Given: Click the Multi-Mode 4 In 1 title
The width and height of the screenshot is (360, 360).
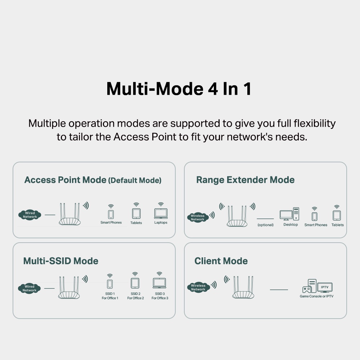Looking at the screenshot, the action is pyautogui.click(x=179, y=89).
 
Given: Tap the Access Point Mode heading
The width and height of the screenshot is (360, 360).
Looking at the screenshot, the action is pyautogui.click(x=65, y=180).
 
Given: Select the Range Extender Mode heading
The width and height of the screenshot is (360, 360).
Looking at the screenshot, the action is pyautogui.click(x=245, y=180).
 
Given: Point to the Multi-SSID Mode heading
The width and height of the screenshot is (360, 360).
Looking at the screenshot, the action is pyautogui.click(x=60, y=261).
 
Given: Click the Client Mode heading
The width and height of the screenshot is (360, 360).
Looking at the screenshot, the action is pyautogui.click(x=221, y=261).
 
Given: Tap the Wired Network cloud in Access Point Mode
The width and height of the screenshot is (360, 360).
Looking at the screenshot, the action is pyautogui.click(x=30, y=215).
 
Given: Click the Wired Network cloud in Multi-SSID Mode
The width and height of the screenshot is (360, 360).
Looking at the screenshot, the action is pyautogui.click(x=30, y=288).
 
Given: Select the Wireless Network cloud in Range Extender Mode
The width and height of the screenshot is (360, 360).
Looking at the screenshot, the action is pyautogui.click(x=198, y=217).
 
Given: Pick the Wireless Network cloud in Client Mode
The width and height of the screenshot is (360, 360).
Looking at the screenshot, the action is pyautogui.click(x=198, y=287).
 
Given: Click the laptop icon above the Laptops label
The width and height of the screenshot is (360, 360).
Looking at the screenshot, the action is pyautogui.click(x=161, y=213).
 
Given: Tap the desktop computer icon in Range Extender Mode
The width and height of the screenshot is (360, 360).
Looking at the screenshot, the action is pyautogui.click(x=289, y=214).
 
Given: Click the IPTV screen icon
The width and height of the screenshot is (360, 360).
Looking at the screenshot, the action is pyautogui.click(x=325, y=287).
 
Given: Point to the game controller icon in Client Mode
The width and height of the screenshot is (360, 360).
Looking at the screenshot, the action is pyautogui.click(x=306, y=289).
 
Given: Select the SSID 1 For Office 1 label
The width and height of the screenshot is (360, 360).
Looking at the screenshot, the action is pyautogui.click(x=110, y=296).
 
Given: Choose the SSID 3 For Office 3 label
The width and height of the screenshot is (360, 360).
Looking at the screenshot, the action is pyautogui.click(x=160, y=296).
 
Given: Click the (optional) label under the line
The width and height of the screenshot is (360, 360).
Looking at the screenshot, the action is pyautogui.click(x=265, y=225).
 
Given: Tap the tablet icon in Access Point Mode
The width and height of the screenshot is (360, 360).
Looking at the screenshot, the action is pyautogui.click(x=136, y=213).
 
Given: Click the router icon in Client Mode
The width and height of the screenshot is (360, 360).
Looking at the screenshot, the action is pyautogui.click(x=243, y=287).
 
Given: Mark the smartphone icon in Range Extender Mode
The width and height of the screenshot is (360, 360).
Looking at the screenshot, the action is pyautogui.click(x=315, y=216).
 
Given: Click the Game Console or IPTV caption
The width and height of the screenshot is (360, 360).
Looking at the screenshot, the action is pyautogui.click(x=316, y=296).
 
